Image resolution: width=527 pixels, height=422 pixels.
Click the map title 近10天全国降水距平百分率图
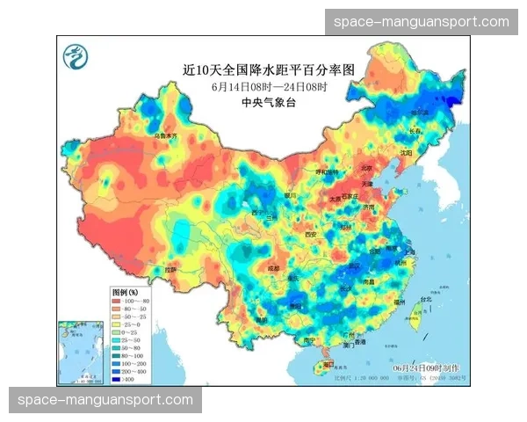point(256,68)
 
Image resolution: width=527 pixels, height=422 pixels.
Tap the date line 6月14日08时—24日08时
point(256,86)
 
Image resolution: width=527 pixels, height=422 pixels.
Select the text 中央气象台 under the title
point(256,103)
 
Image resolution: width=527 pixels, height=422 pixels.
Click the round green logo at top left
point(76,58)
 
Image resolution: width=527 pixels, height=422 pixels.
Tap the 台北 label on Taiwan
point(426,299)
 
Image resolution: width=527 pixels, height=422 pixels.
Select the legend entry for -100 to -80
point(131,302)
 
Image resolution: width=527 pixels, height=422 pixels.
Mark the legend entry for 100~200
point(131,362)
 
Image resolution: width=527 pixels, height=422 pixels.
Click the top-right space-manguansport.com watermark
point(422,21)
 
